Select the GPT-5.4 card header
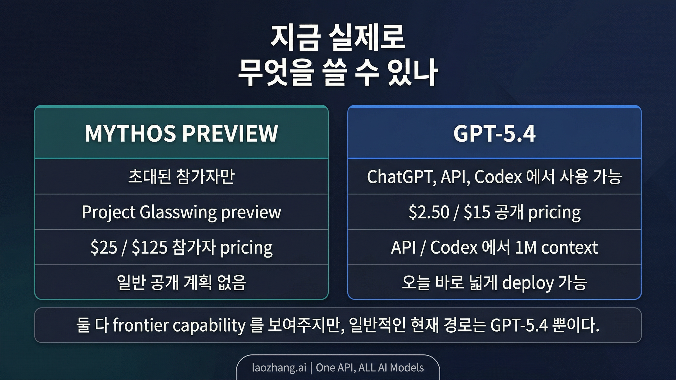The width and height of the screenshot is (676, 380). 494,134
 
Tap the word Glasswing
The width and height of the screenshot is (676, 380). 178,212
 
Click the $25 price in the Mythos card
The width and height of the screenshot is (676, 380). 104,248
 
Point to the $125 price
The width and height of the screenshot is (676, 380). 150,248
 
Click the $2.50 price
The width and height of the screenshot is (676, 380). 429,212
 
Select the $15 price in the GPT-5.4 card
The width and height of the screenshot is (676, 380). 477,212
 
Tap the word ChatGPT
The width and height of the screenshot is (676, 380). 401,177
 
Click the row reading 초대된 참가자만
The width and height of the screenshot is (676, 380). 181,177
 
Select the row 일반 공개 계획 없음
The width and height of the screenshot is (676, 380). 181,283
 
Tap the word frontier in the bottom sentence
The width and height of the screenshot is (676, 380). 141,325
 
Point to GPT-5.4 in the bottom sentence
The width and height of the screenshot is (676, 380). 519,325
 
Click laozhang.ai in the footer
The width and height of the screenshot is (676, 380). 279,368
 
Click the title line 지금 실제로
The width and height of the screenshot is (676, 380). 338,38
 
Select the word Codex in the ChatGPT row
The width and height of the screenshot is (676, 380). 498,177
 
